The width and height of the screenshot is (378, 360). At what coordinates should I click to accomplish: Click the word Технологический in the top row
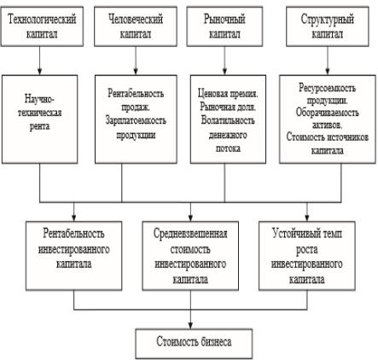coord(42,20)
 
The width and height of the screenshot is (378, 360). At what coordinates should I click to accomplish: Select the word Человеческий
coord(136,20)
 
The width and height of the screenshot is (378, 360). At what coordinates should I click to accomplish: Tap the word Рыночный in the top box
coord(224,20)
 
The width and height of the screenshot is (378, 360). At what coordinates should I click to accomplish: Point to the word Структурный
coord(328,20)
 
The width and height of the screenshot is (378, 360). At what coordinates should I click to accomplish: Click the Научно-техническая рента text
coord(39,113)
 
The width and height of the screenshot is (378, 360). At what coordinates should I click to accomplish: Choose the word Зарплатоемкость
coord(136,120)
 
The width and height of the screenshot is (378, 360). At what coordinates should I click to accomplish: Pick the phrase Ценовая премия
coord(228,93)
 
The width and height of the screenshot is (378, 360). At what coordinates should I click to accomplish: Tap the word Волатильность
coord(228,120)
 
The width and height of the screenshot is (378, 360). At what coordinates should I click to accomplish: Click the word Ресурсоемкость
coord(327,88)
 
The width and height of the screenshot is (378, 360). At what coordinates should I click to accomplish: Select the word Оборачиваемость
coord(327,113)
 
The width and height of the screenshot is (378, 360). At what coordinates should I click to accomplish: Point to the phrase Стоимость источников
coord(328,137)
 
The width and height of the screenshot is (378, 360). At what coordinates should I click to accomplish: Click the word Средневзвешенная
coord(190,234)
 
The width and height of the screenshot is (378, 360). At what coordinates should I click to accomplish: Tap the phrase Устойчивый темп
coord(307,234)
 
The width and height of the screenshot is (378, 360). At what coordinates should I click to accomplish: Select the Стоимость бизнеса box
coord(194,344)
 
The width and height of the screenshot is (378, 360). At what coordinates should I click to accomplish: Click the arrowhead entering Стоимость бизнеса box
coord(190,326)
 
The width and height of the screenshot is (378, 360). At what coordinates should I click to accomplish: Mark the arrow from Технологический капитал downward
coord(39,61)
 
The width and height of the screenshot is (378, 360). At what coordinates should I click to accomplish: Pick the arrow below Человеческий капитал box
coord(136,61)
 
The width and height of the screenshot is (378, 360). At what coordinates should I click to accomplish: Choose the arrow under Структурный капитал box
coord(328,61)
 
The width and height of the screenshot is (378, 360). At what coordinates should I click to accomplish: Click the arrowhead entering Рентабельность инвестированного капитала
coord(74,218)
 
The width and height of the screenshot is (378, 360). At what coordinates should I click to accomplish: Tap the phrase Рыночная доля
coord(228,107)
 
